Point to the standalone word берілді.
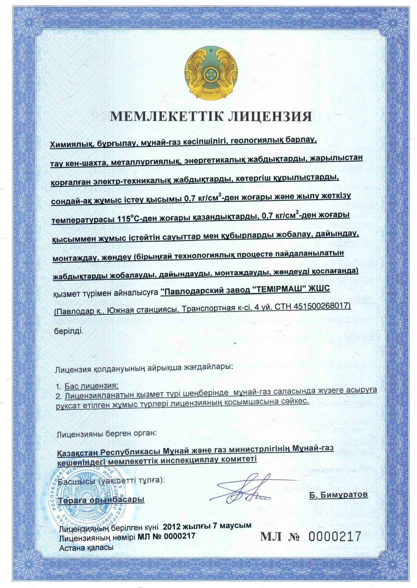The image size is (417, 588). [68, 331]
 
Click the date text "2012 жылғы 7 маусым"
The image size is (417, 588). [207, 526]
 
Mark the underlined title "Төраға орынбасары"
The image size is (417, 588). [101, 500]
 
